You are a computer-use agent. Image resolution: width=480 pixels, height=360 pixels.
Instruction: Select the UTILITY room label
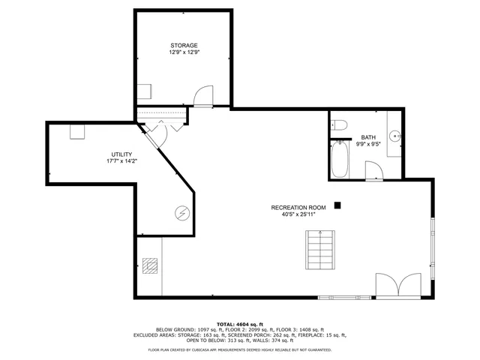pyautogui.click(x=121, y=154)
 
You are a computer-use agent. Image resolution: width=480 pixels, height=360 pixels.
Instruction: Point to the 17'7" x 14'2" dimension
pyautogui.click(x=121, y=161)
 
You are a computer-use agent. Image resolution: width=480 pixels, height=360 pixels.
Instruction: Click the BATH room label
pyautogui.click(x=368, y=137)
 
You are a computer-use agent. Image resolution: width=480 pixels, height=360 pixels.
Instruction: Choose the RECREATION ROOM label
pyautogui.click(x=298, y=206)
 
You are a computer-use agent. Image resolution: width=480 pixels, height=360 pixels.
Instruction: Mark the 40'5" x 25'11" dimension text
pyautogui.click(x=298, y=214)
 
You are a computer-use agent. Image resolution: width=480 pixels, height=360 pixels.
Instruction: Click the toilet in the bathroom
pyautogui.click(x=338, y=125)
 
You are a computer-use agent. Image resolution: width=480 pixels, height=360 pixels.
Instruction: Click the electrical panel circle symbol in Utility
pyautogui.click(x=181, y=214)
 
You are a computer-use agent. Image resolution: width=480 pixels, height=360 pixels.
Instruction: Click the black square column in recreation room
pyautogui.click(x=338, y=204)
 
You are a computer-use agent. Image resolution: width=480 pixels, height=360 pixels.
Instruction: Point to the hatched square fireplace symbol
pyautogui.click(x=150, y=265)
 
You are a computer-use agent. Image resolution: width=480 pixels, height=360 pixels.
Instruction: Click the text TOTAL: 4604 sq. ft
pyautogui.click(x=240, y=323)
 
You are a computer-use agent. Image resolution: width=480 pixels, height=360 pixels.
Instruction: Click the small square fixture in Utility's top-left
pyautogui.click(x=77, y=131)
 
